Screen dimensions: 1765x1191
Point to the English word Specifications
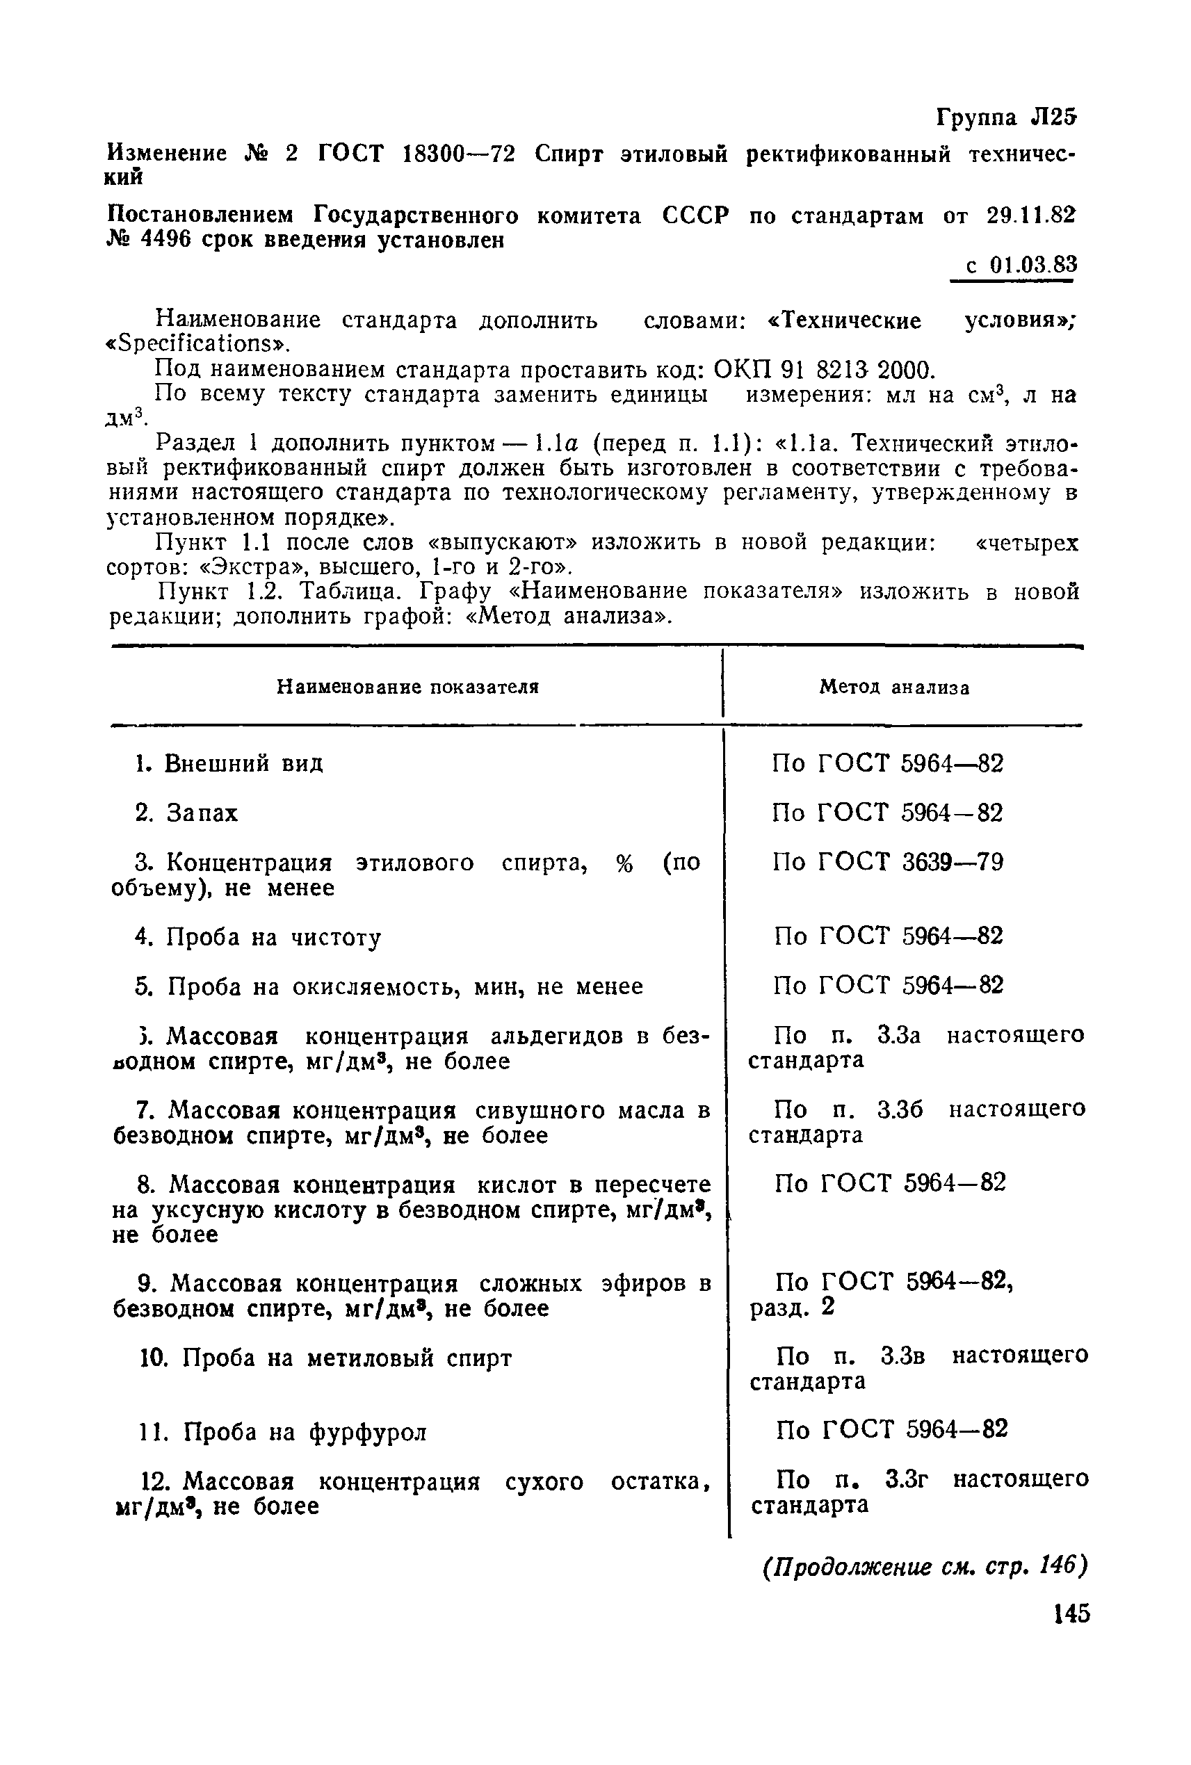(198, 344)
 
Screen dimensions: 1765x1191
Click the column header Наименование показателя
(407, 688)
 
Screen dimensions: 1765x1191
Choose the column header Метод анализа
(894, 688)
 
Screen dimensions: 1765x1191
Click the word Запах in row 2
(203, 813)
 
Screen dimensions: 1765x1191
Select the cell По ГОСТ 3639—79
(888, 862)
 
